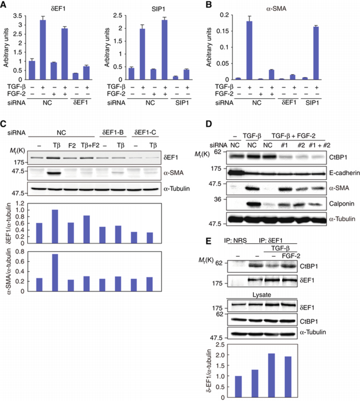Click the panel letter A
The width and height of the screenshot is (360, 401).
click(x=5, y=5)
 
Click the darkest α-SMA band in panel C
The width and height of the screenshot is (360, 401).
click(x=54, y=172)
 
